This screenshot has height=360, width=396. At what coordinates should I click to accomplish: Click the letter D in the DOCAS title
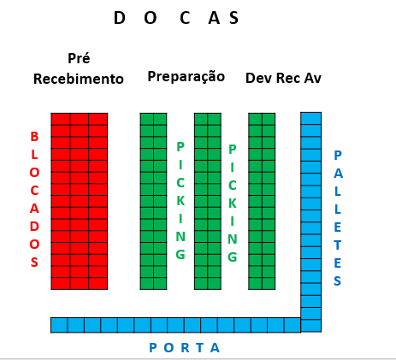[x=120, y=18]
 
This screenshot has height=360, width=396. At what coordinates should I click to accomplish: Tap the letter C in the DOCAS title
[x=185, y=18]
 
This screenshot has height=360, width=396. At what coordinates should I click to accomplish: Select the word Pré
[x=79, y=58]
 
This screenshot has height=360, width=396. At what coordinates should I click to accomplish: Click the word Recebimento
[x=79, y=79]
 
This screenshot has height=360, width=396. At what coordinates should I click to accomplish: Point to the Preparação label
[x=186, y=77]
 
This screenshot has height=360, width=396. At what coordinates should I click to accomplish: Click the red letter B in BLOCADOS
[x=34, y=137]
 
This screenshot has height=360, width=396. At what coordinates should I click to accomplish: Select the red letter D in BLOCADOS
[x=34, y=227]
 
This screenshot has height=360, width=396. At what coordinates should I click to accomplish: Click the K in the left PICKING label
[x=180, y=201]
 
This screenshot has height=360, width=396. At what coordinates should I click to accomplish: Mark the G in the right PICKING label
[x=233, y=257]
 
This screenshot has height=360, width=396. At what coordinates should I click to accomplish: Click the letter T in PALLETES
[x=338, y=245]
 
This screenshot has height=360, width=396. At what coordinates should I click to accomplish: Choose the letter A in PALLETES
[x=338, y=174]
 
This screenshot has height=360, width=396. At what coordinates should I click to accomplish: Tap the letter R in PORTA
[x=186, y=348]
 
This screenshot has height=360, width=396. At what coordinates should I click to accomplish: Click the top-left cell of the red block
[x=61, y=119]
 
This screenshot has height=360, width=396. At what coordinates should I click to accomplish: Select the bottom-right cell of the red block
[x=98, y=283]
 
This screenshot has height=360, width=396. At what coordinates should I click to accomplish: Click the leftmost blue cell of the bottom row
[x=59, y=325]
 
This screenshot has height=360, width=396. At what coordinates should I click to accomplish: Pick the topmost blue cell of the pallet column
[x=311, y=118]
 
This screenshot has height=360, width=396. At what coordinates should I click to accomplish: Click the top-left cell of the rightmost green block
[x=255, y=119]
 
